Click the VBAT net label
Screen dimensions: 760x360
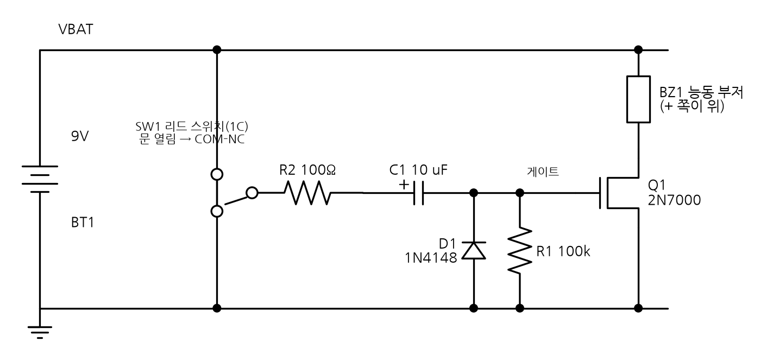[76, 29]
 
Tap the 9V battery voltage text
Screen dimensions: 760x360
[80, 136]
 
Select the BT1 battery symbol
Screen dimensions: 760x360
[40, 179]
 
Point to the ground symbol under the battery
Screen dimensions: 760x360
[40, 332]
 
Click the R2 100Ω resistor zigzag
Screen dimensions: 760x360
[307, 193]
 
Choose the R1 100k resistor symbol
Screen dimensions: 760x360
[519, 250]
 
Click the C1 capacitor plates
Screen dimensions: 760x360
[419, 193]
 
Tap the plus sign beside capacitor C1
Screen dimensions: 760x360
[404, 185]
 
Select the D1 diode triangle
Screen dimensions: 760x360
[474, 251]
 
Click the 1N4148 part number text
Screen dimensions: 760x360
[431, 258]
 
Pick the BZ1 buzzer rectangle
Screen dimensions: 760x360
[638, 99]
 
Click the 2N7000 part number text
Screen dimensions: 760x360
[674, 200]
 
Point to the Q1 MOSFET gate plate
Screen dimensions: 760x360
[600, 193]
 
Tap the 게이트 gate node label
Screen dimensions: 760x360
[543, 172]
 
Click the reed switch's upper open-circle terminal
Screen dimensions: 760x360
[217, 174]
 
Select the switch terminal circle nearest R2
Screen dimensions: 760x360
[252, 193]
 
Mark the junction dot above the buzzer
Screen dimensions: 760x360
[638, 50]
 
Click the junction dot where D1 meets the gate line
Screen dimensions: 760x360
[474, 193]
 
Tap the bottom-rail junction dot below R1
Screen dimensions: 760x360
[519, 308]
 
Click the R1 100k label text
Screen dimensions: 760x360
[563, 251]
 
